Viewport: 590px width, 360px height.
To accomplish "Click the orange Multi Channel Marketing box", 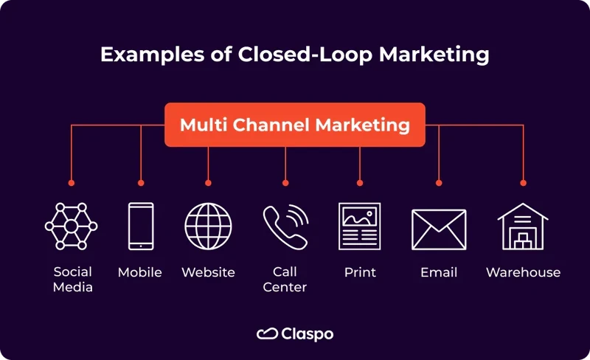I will (294, 125).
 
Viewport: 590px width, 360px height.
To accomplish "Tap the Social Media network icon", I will (72, 226).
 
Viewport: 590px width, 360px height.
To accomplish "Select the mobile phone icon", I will (140, 226).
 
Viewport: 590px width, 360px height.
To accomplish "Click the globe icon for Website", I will (208, 226).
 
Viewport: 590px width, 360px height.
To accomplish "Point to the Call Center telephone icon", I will (285, 226).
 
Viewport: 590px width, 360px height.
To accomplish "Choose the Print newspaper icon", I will (360, 226).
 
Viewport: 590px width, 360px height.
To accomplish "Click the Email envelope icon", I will (439, 229).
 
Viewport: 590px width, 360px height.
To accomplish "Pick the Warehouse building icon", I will (523, 226).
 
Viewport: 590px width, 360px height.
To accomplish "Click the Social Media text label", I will (73, 280).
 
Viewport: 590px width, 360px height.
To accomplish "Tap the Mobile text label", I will (140, 272).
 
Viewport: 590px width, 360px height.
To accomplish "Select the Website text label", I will (208, 272).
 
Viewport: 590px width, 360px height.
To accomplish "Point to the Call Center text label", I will (285, 280).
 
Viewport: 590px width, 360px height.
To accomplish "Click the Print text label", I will (360, 272).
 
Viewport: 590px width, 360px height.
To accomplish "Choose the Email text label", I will (439, 272).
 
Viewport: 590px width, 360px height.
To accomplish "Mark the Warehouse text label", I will (523, 272).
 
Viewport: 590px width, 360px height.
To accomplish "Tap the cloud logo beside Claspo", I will (266, 334).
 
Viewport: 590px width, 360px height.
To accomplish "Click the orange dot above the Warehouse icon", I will (524, 182).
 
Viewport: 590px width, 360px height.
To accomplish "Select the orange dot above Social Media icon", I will (72, 182).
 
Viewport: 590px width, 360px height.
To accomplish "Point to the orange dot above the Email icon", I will (439, 182).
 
